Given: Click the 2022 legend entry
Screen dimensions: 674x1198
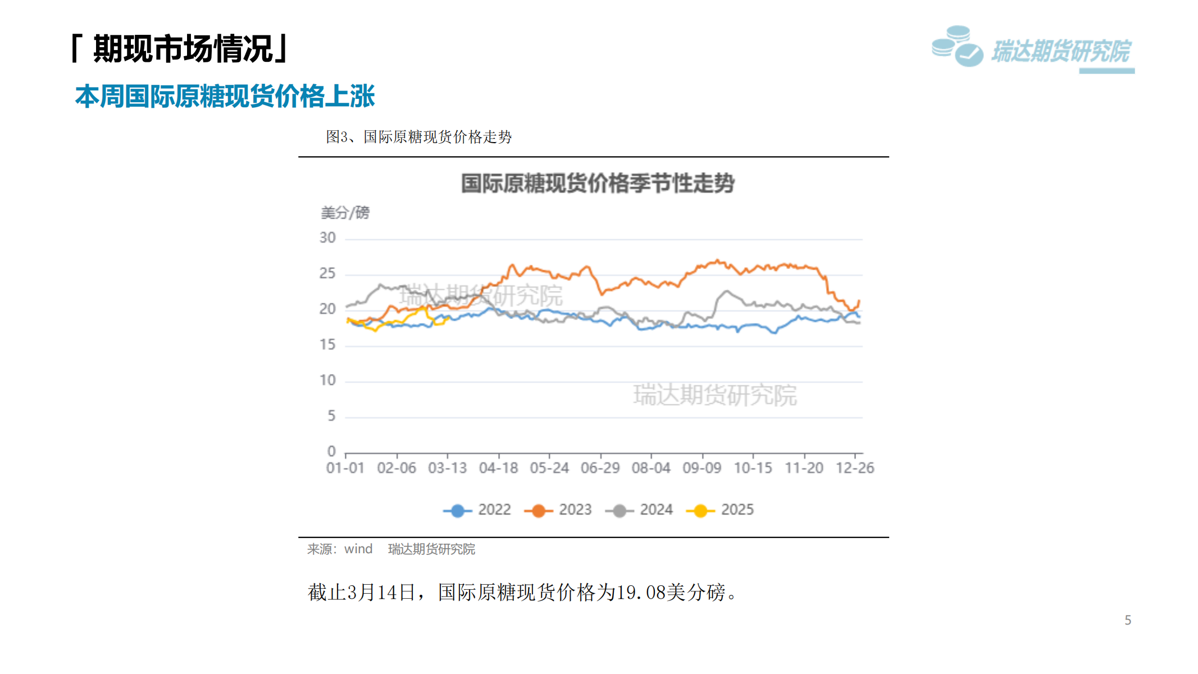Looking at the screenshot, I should coord(477,510).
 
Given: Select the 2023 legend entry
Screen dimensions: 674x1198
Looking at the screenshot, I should coord(558,510).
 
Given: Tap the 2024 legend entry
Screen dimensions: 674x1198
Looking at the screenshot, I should coord(639,510).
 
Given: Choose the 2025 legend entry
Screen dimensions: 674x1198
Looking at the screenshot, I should coord(721,510).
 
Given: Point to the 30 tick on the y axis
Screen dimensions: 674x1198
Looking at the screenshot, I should coord(327,238).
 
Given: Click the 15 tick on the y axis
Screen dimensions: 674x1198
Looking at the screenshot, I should coord(327,345).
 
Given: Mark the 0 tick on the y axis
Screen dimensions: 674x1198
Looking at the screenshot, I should coord(331,452).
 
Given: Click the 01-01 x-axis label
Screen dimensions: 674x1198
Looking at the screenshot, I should coord(345,468).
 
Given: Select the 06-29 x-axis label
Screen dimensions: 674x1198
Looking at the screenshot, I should coord(600,468).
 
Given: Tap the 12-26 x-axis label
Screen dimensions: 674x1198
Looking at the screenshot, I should coord(854,468).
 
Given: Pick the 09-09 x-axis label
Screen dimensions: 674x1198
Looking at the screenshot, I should coord(702,468).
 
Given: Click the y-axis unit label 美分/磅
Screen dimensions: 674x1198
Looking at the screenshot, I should coord(345,213).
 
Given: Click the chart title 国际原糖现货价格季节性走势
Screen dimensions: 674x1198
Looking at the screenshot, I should coord(598,184).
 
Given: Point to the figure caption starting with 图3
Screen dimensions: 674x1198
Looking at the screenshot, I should coord(419,137).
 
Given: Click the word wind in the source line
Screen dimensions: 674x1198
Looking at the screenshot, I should coord(358,549).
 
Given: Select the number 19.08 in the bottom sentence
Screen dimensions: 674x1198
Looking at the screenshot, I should coord(641,593).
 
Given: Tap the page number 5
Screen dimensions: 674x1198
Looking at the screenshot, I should coord(1128,620).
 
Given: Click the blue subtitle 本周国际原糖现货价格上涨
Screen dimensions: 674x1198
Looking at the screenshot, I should coord(225,96).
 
